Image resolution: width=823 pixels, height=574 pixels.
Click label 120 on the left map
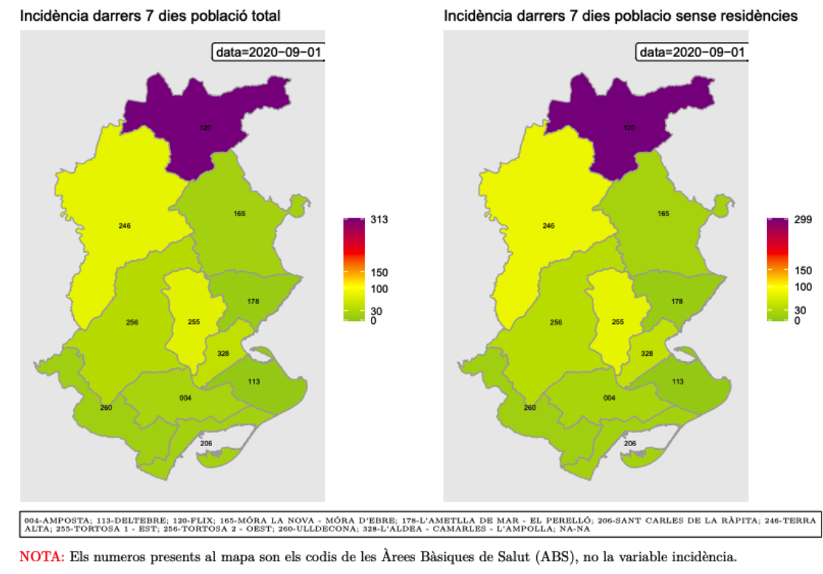click(x=205, y=128)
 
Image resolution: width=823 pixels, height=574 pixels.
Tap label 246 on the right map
click(x=548, y=226)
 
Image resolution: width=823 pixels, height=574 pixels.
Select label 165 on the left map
click(x=239, y=214)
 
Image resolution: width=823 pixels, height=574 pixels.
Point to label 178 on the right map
click(x=677, y=301)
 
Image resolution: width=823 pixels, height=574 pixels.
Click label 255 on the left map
click(x=194, y=322)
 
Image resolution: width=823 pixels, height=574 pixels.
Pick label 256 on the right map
click(x=556, y=323)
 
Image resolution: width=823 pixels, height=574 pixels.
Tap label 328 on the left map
click(x=223, y=353)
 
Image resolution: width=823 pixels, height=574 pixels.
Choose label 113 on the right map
click(x=677, y=381)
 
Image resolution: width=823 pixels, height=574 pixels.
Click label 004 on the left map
click(x=185, y=398)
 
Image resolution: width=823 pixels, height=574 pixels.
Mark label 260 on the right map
click(x=530, y=408)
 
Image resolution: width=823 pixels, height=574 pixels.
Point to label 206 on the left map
click(x=206, y=443)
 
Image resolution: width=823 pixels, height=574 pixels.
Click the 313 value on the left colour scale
click(x=380, y=220)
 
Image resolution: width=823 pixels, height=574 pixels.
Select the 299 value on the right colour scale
click(x=802, y=221)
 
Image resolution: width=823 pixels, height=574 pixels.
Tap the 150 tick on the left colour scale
click(x=380, y=272)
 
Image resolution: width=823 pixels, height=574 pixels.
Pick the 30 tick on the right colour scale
click(x=800, y=310)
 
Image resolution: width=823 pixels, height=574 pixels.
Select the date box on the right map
click(x=691, y=53)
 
